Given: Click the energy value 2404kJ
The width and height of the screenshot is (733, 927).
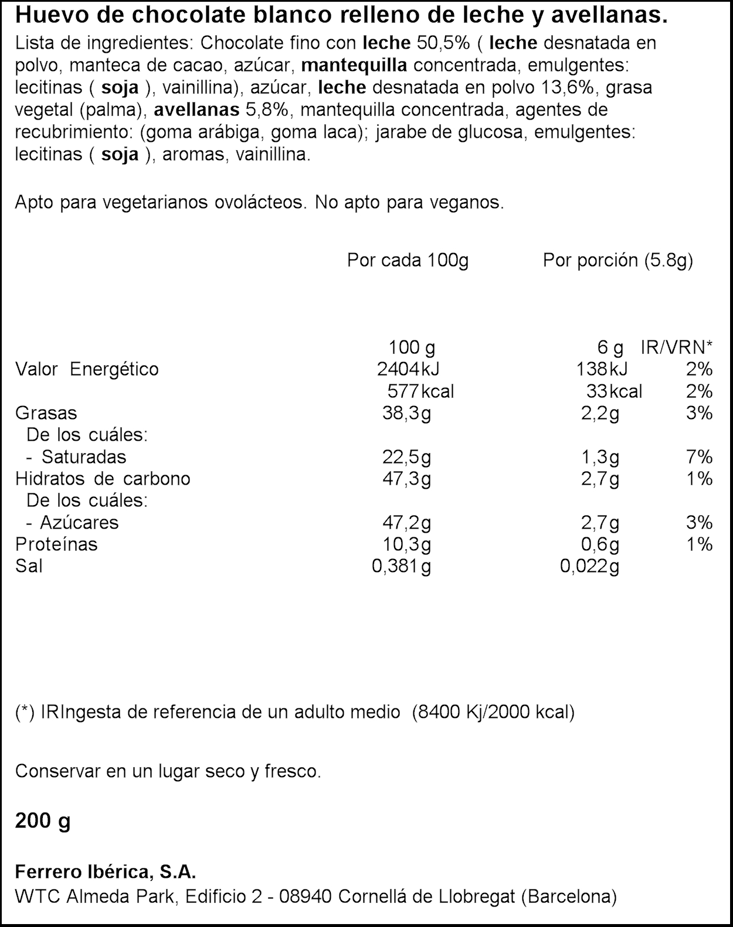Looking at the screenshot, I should pyautogui.click(x=408, y=369).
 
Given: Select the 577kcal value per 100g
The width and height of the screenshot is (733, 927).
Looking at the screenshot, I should pyautogui.click(x=420, y=391).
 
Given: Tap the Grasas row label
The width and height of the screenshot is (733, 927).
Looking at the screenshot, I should pyautogui.click(x=46, y=413).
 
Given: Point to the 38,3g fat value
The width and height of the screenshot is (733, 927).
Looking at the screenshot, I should pyautogui.click(x=406, y=413).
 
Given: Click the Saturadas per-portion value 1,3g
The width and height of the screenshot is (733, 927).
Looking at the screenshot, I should pyautogui.click(x=600, y=457).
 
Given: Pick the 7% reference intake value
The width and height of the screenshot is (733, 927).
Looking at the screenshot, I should pyautogui.click(x=699, y=457).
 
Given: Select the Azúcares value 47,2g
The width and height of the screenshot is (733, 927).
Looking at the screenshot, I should pyautogui.click(x=406, y=523).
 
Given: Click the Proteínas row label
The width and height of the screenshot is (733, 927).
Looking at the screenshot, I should pyautogui.click(x=56, y=544).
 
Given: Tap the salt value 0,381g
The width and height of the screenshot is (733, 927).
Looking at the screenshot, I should pyautogui.click(x=401, y=566).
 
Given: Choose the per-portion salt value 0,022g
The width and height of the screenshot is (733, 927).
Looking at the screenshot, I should pyautogui.click(x=589, y=566).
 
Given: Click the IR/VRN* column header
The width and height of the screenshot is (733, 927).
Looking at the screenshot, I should pyautogui.click(x=677, y=347).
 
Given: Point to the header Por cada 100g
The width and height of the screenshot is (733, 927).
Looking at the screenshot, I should pyautogui.click(x=408, y=260).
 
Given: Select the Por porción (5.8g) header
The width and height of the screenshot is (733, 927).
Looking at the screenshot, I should pyautogui.click(x=617, y=260).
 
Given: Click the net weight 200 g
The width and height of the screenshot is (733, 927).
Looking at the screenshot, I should pyautogui.click(x=42, y=821).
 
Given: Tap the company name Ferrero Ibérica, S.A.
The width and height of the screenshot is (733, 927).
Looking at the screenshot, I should pyautogui.click(x=105, y=872).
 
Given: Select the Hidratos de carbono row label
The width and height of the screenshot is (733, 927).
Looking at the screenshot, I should pyautogui.click(x=103, y=479).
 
